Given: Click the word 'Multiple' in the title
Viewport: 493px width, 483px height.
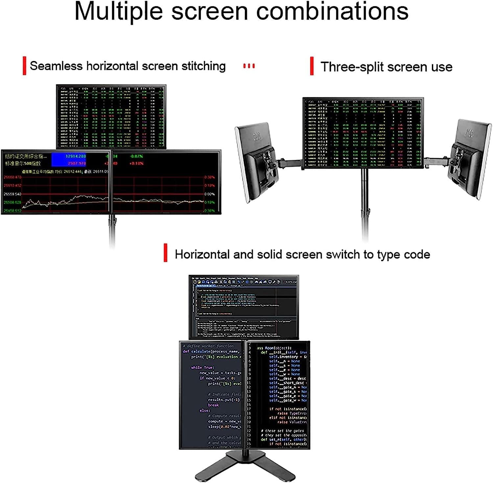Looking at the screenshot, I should tap(118, 12).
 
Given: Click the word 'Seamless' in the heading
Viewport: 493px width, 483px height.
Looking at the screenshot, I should tap(56, 66).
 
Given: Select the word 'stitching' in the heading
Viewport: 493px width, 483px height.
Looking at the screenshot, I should tap(203, 66).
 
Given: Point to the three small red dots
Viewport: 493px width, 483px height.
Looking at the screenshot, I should tap(249, 66).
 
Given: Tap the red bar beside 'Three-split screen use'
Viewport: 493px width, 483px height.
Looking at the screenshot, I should tap(312, 66).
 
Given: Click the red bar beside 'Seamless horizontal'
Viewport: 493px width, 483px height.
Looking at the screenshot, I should tap(24, 66).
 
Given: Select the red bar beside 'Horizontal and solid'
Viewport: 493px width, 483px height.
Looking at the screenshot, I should tap(165, 253).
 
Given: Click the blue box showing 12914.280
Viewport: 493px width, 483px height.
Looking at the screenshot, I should tap(69, 160).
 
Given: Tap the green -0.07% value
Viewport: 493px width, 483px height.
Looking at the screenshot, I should tap(136, 156).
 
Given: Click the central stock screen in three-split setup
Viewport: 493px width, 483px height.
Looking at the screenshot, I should tap(363, 133).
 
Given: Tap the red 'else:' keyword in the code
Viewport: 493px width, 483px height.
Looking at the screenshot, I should tap(204, 410).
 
